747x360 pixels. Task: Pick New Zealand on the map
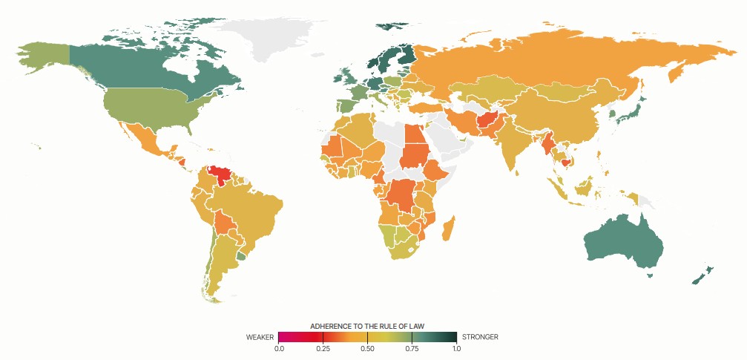click(x=701, y=275)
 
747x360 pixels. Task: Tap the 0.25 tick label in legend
click(x=323, y=348)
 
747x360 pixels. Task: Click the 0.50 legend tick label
click(x=367, y=348)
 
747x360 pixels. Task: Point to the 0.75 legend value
click(x=412, y=348)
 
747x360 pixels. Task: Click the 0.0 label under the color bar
click(x=279, y=348)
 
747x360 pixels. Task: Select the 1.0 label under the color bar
click(x=455, y=348)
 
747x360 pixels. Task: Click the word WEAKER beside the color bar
click(x=260, y=336)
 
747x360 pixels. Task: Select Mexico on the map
click(x=145, y=141)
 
